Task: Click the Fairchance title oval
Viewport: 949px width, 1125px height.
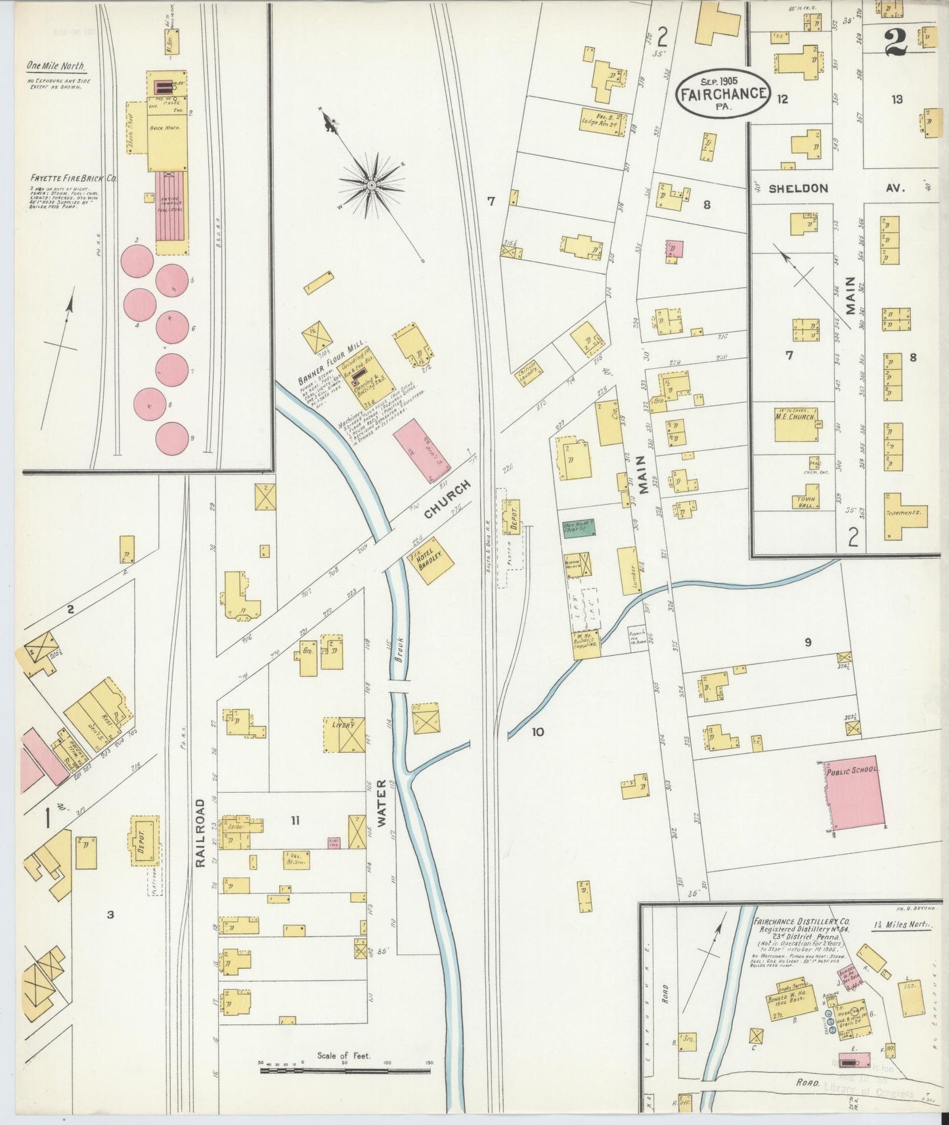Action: click(x=722, y=93)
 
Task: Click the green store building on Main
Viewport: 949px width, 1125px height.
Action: click(x=579, y=526)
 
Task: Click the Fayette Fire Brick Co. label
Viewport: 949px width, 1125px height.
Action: click(x=72, y=178)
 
